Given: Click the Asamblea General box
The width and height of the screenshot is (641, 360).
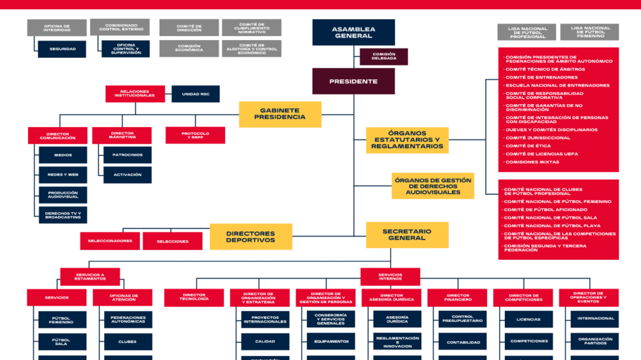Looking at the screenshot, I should [x=353, y=32].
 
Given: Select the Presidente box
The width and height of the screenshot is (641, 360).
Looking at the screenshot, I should [x=353, y=82].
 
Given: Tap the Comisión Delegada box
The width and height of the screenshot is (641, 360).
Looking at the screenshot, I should [x=383, y=56].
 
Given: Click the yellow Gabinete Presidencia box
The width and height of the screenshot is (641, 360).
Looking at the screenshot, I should [x=279, y=114].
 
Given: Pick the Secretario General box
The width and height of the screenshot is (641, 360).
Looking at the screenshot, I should [x=407, y=234].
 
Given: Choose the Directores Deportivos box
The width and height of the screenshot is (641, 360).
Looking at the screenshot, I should [x=251, y=236].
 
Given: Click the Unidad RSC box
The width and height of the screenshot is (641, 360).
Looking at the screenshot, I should [x=196, y=94].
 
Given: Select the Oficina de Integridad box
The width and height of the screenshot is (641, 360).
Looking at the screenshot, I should [x=57, y=27].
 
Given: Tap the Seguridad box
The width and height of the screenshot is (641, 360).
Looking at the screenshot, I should [x=63, y=49].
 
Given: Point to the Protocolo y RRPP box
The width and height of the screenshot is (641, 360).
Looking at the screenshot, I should [x=195, y=135].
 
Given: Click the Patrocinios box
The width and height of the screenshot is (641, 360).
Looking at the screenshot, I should [x=127, y=155].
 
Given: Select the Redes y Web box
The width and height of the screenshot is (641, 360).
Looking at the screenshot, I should [x=62, y=175].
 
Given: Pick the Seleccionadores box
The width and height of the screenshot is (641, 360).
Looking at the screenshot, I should [x=110, y=241].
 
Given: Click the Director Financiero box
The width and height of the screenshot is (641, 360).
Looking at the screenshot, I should [x=458, y=298].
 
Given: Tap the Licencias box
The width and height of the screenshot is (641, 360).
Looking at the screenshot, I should [x=528, y=319].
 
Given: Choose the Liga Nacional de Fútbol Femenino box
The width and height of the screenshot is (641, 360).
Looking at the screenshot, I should [x=590, y=32].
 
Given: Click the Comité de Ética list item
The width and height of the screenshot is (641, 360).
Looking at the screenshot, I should [x=528, y=145].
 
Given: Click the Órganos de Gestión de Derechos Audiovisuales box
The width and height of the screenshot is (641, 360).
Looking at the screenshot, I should [x=432, y=186].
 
